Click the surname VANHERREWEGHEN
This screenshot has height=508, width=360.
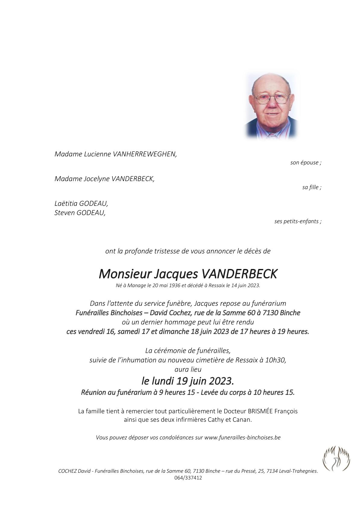[x=144, y=154]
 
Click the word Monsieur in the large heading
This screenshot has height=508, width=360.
[x=125, y=274]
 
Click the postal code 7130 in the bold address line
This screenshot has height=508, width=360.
[x=270, y=313]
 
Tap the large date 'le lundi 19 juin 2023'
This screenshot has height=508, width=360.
[x=187, y=381]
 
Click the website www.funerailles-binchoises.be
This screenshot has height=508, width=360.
[x=242, y=437]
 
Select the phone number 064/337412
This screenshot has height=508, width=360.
[x=188, y=478]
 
